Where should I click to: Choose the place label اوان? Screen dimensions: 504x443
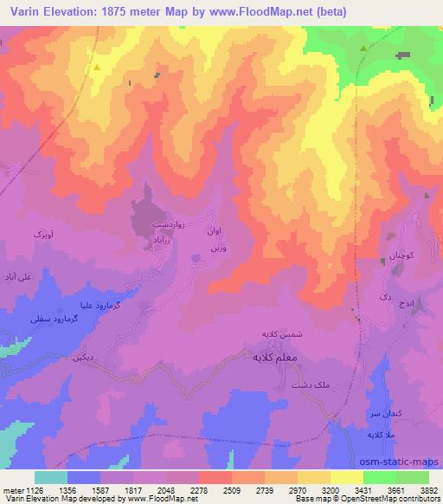[x=215, y=232]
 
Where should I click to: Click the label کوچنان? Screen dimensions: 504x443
[x=396, y=259]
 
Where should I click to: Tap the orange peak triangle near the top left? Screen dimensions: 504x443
[x=98, y=67]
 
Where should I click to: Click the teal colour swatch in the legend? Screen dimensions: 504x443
[x=51, y=477]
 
